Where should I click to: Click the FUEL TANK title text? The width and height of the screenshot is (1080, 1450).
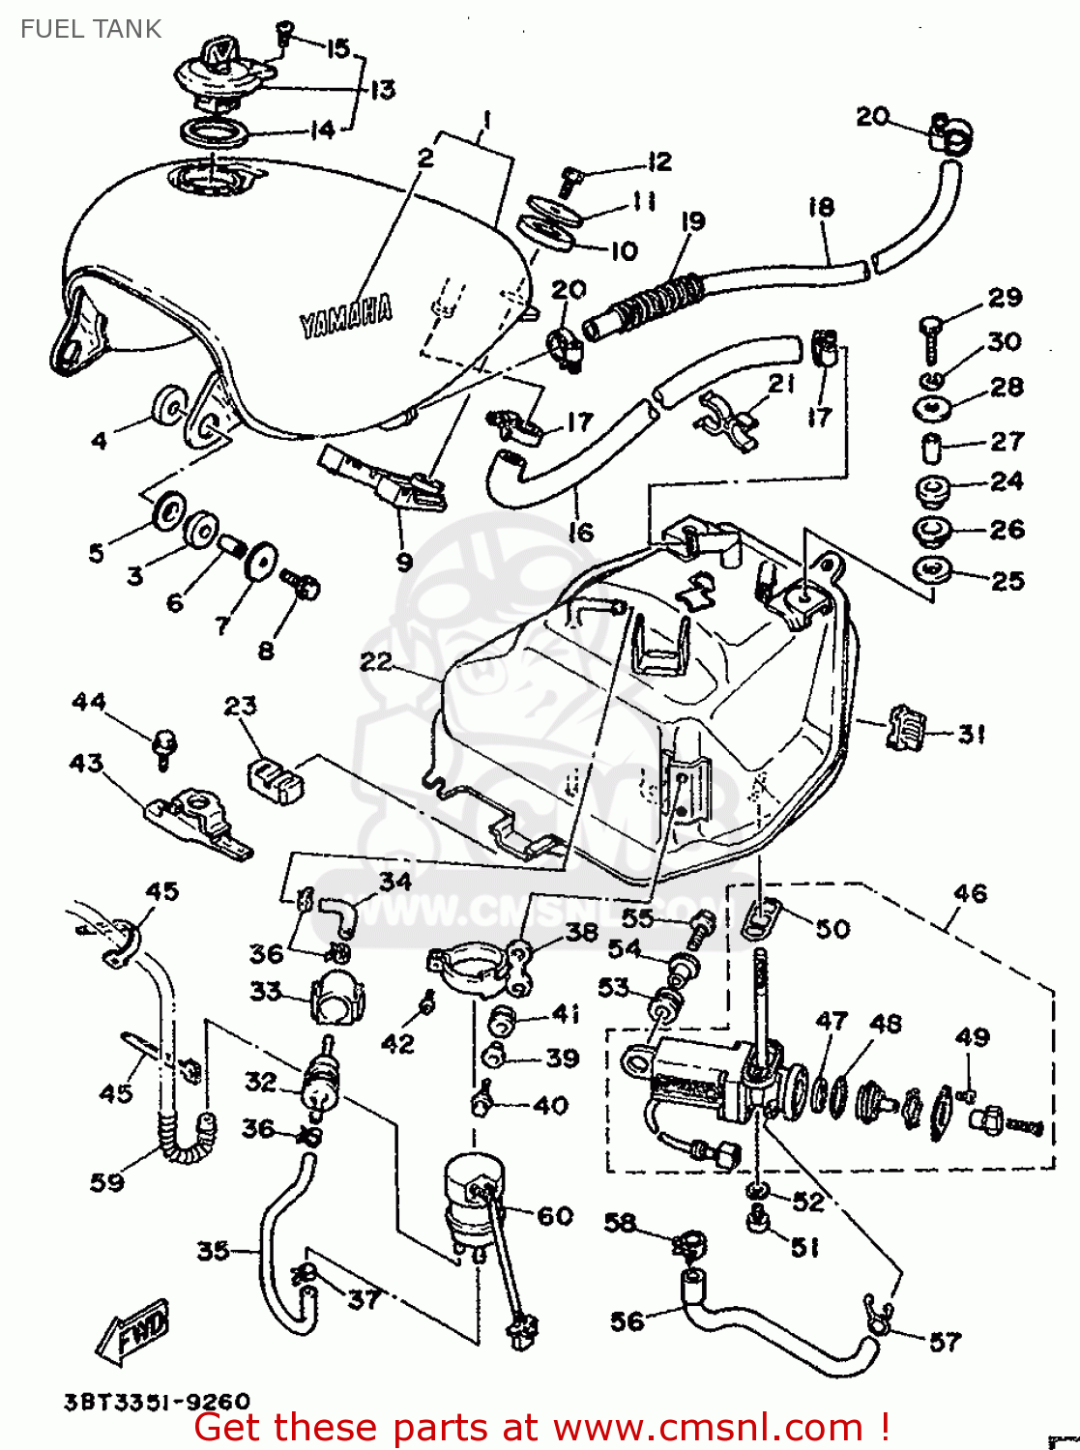click(x=91, y=29)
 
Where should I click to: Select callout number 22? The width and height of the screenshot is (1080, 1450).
click(x=375, y=662)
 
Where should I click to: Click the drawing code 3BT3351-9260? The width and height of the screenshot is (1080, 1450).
click(x=157, y=1402)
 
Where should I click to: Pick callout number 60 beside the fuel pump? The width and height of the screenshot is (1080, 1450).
click(x=555, y=1216)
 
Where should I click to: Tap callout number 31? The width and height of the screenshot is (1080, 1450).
click(x=971, y=734)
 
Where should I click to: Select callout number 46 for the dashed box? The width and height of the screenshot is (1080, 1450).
click(x=970, y=893)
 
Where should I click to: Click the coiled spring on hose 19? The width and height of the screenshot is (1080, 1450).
click(x=657, y=297)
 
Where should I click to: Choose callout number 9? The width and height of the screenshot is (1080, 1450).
click(x=404, y=562)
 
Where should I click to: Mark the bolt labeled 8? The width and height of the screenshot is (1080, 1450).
click(x=301, y=586)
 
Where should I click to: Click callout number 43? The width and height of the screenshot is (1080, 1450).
click(x=86, y=764)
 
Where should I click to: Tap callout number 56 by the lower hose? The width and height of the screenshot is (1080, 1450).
click(x=627, y=1320)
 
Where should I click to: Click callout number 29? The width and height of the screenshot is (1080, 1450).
click(x=1005, y=298)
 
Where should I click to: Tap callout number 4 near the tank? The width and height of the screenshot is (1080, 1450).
click(x=99, y=442)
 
